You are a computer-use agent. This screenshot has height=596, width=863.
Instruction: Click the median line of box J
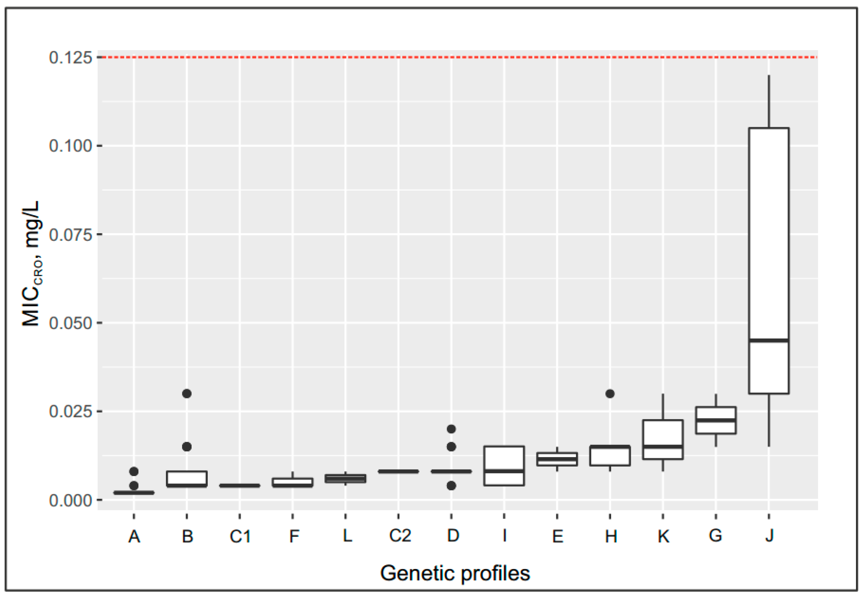pos(769,340)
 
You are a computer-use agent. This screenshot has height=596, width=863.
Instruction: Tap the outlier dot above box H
pos(610,393)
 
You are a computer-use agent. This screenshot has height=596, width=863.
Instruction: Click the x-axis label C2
pos(399,536)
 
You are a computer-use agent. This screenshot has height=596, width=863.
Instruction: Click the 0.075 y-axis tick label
pos(70,234)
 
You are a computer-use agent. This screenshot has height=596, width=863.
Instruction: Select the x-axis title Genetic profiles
pos(455,573)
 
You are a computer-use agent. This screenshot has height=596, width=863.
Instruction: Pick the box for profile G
pos(715,420)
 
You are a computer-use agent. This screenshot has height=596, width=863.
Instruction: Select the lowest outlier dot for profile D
pos(451,485)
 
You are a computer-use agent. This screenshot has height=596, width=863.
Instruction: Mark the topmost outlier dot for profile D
pos(451,429)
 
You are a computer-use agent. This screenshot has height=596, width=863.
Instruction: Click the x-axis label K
pos(663,536)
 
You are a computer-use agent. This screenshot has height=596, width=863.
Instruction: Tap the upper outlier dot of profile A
pos(134,471)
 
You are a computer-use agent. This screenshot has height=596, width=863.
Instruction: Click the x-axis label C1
pos(240,536)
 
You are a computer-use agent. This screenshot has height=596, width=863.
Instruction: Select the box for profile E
pos(557,459)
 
